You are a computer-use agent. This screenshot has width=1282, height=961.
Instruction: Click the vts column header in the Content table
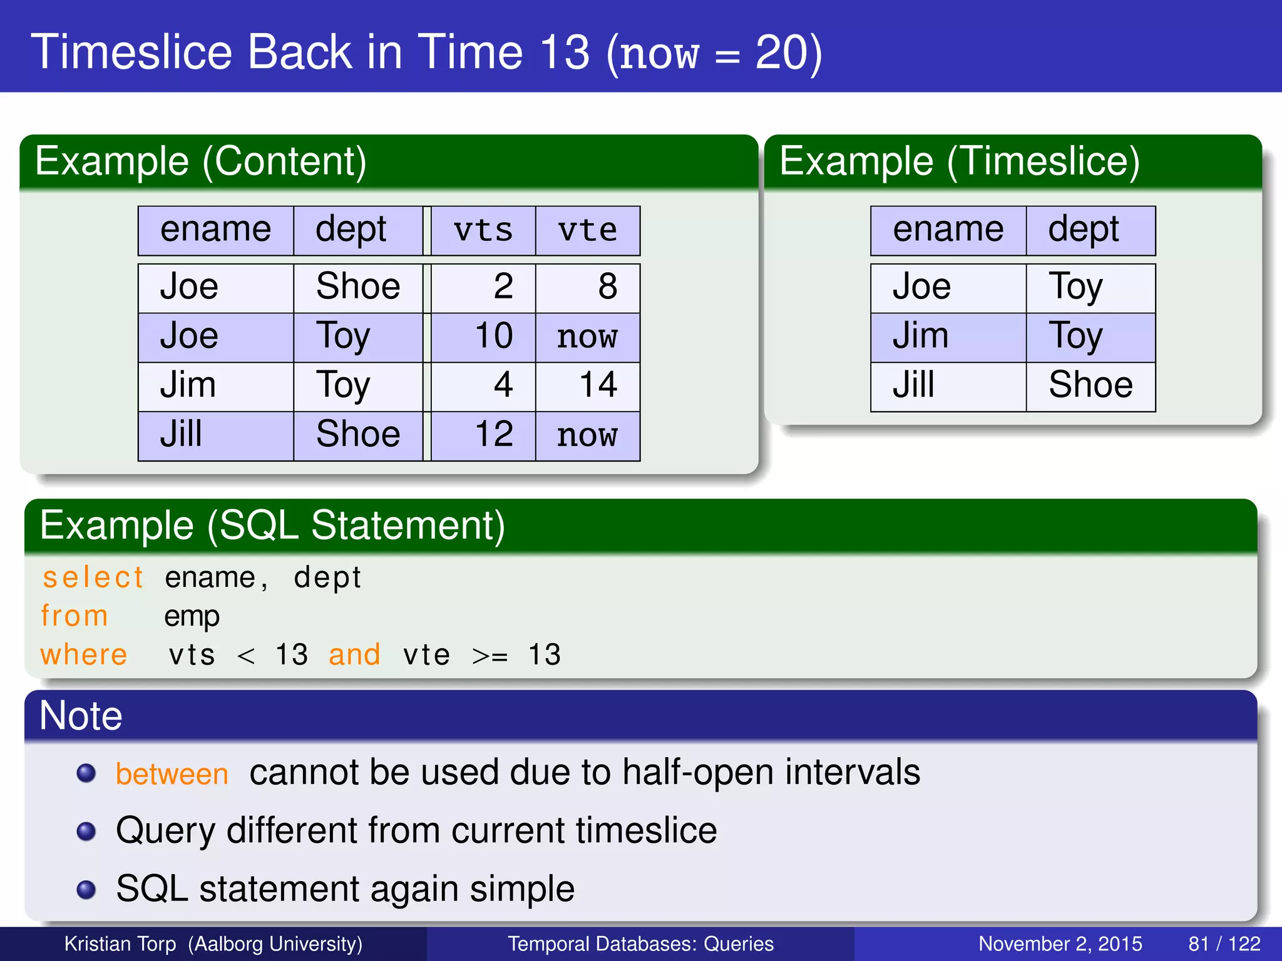483,230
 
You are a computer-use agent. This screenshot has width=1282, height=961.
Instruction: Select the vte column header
587,230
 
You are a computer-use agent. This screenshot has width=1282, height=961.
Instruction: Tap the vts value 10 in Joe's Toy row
494,336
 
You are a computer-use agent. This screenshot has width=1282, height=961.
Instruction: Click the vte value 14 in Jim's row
598,385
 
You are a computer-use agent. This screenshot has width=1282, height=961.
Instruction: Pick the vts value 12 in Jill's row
494,434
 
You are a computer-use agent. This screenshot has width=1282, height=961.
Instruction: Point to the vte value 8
607,287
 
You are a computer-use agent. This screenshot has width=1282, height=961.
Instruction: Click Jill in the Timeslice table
913,385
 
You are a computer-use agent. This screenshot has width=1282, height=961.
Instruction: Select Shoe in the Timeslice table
1090,385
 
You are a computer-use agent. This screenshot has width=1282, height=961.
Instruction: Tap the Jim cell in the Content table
188,385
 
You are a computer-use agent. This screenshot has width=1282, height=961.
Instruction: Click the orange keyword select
93,577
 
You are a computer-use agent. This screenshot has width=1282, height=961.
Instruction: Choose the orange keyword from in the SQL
74,616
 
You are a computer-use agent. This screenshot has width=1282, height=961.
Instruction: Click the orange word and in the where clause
354,655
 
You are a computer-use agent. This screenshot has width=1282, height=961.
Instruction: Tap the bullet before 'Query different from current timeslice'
86,831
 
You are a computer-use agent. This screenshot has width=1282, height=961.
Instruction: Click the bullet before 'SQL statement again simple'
86,890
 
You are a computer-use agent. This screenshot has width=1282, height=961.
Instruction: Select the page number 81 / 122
1224,943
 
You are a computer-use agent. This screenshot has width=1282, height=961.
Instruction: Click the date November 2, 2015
1060,943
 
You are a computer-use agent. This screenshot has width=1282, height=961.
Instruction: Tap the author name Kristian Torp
120,943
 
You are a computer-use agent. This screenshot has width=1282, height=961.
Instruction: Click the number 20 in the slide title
781,53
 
